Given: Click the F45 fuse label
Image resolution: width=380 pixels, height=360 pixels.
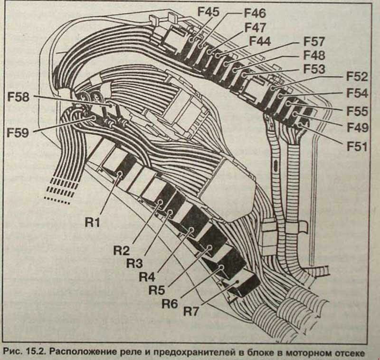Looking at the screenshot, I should coord(209,11).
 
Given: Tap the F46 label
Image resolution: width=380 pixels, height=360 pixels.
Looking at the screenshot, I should coord(255,12).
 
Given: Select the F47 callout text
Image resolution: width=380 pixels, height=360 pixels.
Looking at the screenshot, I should coord(255,27).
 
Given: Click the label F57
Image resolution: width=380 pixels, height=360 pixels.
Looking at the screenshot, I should coord(314,41).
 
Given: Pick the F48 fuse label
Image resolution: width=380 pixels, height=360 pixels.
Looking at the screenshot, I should coord(314,55).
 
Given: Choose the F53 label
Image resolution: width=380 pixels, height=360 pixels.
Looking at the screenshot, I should coord(314,69).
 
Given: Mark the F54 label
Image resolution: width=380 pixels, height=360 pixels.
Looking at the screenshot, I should coord(357,93).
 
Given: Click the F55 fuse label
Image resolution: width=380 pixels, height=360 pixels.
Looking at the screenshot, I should coord(357,111).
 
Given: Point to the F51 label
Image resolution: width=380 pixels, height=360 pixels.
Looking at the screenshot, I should coord(357,146).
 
